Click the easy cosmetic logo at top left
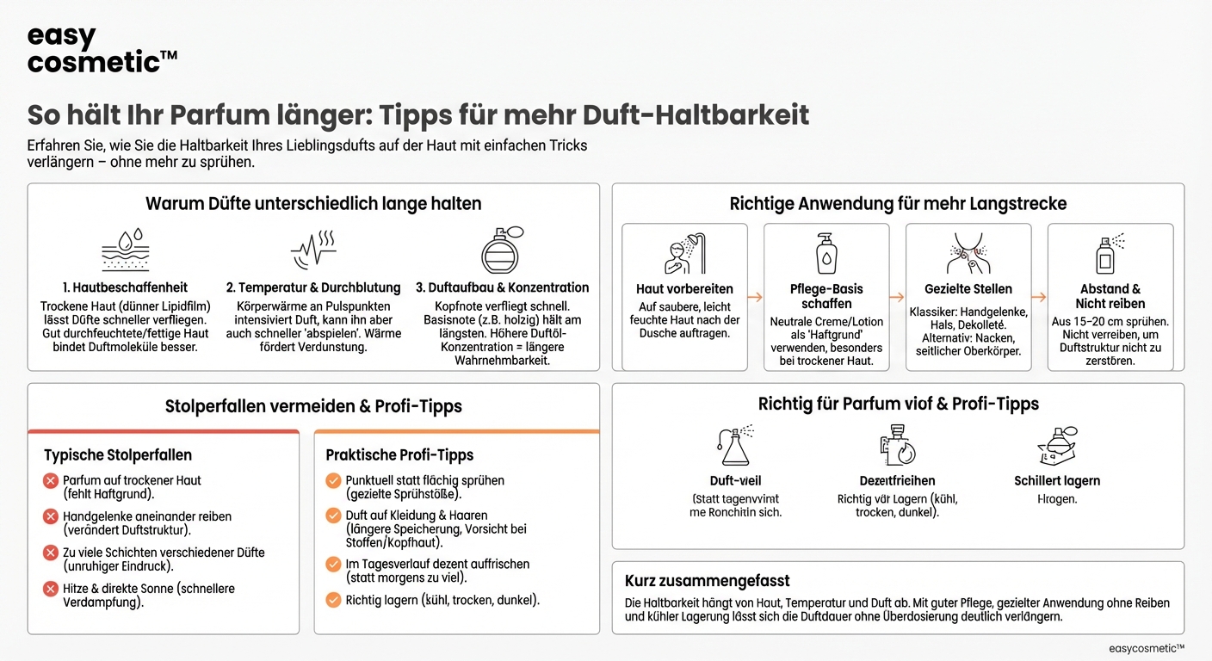pyautogui.click(x=102, y=50)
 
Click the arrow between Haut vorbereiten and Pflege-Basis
pyautogui.click(x=755, y=297)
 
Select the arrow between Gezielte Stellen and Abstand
pyautogui.click(x=1039, y=297)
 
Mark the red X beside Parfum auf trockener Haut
pyautogui.click(x=51, y=480)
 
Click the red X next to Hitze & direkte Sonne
pyautogui.click(x=51, y=589)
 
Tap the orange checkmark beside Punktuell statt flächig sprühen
pyautogui.click(x=333, y=480)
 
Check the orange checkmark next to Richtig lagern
pyautogui.click(x=333, y=600)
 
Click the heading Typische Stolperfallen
pyautogui.click(x=118, y=454)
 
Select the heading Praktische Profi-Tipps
pyautogui.click(x=399, y=454)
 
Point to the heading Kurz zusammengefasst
pyautogui.click(x=708, y=581)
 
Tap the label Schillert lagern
pyautogui.click(x=1057, y=481)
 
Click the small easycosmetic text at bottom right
pyautogui.click(x=1147, y=648)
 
